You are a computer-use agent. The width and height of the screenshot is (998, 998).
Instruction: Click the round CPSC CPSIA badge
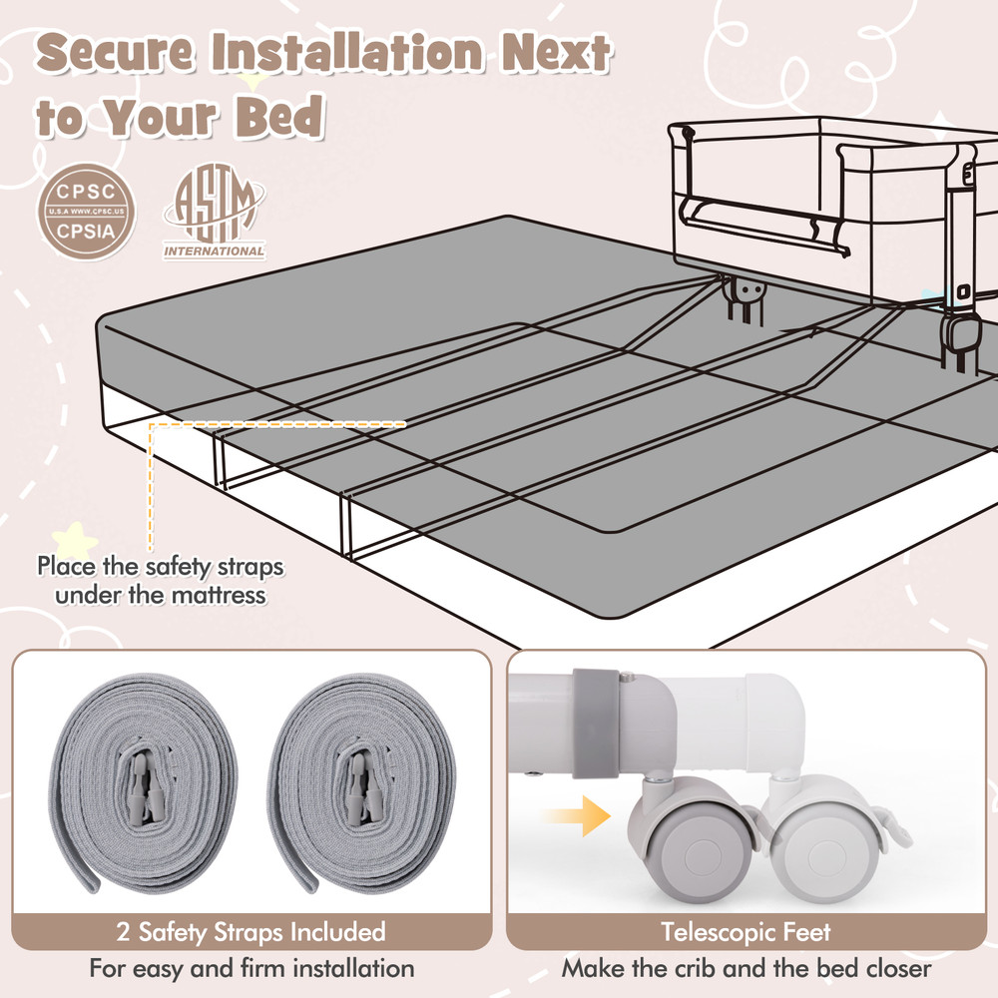click(86, 212)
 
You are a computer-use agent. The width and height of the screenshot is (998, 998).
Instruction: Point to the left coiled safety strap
click(144, 782)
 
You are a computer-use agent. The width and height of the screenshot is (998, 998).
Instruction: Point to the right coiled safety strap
click(360, 782)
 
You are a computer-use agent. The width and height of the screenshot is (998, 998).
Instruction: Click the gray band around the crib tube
click(595, 723)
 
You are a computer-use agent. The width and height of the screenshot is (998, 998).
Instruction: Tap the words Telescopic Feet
click(746, 932)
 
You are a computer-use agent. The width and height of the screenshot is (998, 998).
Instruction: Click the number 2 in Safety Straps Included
click(124, 932)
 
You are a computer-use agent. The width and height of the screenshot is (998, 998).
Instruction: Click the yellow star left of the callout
click(75, 542)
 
